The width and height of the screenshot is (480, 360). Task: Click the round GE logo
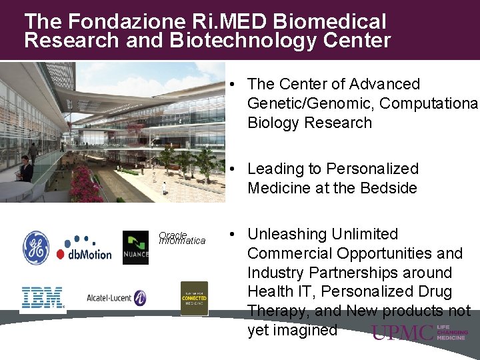[36, 247]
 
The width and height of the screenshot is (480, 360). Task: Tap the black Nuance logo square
[135, 247]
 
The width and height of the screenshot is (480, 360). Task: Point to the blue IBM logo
[43, 297]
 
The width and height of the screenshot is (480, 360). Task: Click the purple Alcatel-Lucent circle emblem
[139, 298]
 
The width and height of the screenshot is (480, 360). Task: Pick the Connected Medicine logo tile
[194, 298]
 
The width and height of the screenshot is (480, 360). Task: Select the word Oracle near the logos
[173, 235]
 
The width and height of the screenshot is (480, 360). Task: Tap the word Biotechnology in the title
[238, 41]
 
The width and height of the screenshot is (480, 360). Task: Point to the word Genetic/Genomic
[306, 103]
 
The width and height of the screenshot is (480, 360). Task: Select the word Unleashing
[289, 235]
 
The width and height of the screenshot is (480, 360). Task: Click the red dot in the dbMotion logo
[60, 254]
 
